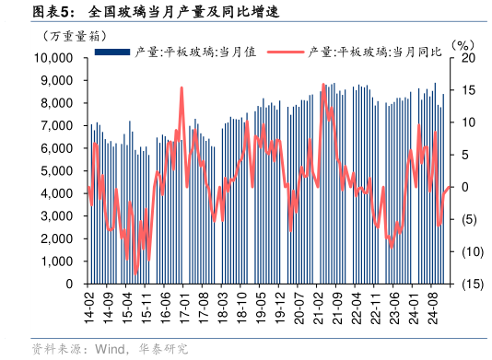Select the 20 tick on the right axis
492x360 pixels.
click(x=467, y=58)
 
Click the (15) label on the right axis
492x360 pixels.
click(x=470, y=285)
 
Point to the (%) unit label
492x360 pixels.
click(x=462, y=44)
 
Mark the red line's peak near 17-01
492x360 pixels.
click(x=182, y=87)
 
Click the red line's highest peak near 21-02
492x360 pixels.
click(x=323, y=85)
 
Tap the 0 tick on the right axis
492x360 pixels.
click(x=464, y=187)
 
